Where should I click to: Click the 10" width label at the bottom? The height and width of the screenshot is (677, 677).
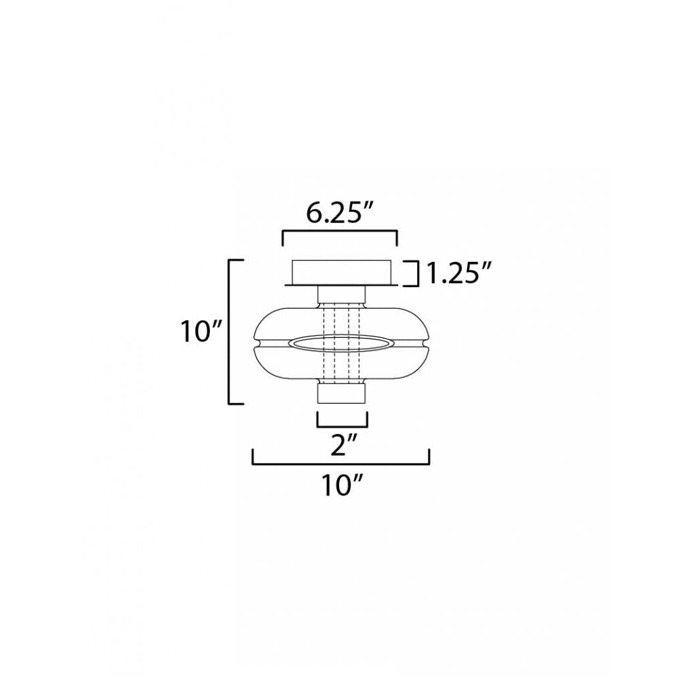[341, 485]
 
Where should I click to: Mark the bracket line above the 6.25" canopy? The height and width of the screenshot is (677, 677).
[339, 232]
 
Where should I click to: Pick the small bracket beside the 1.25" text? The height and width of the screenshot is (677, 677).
[412, 273]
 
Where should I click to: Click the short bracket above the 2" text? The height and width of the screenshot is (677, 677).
[342, 427]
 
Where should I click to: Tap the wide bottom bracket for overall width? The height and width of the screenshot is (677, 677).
[341, 464]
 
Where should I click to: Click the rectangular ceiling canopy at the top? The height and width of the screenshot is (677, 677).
[341, 272]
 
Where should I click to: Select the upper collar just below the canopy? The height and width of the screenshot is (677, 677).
[341, 295]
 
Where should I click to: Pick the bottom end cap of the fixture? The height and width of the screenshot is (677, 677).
[342, 393]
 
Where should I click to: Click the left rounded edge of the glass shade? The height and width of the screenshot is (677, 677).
[257, 332]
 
